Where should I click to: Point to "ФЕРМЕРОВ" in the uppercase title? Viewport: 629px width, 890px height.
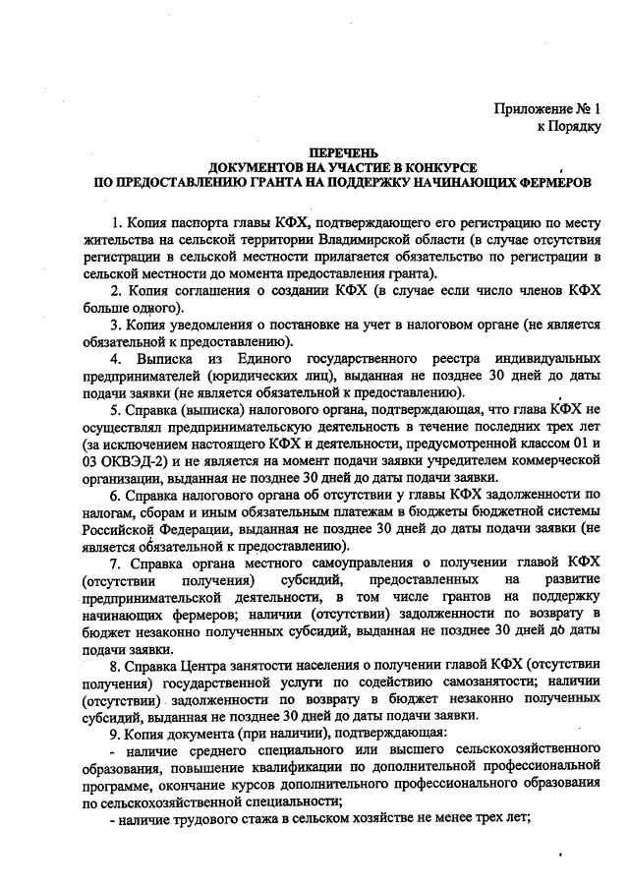543,183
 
